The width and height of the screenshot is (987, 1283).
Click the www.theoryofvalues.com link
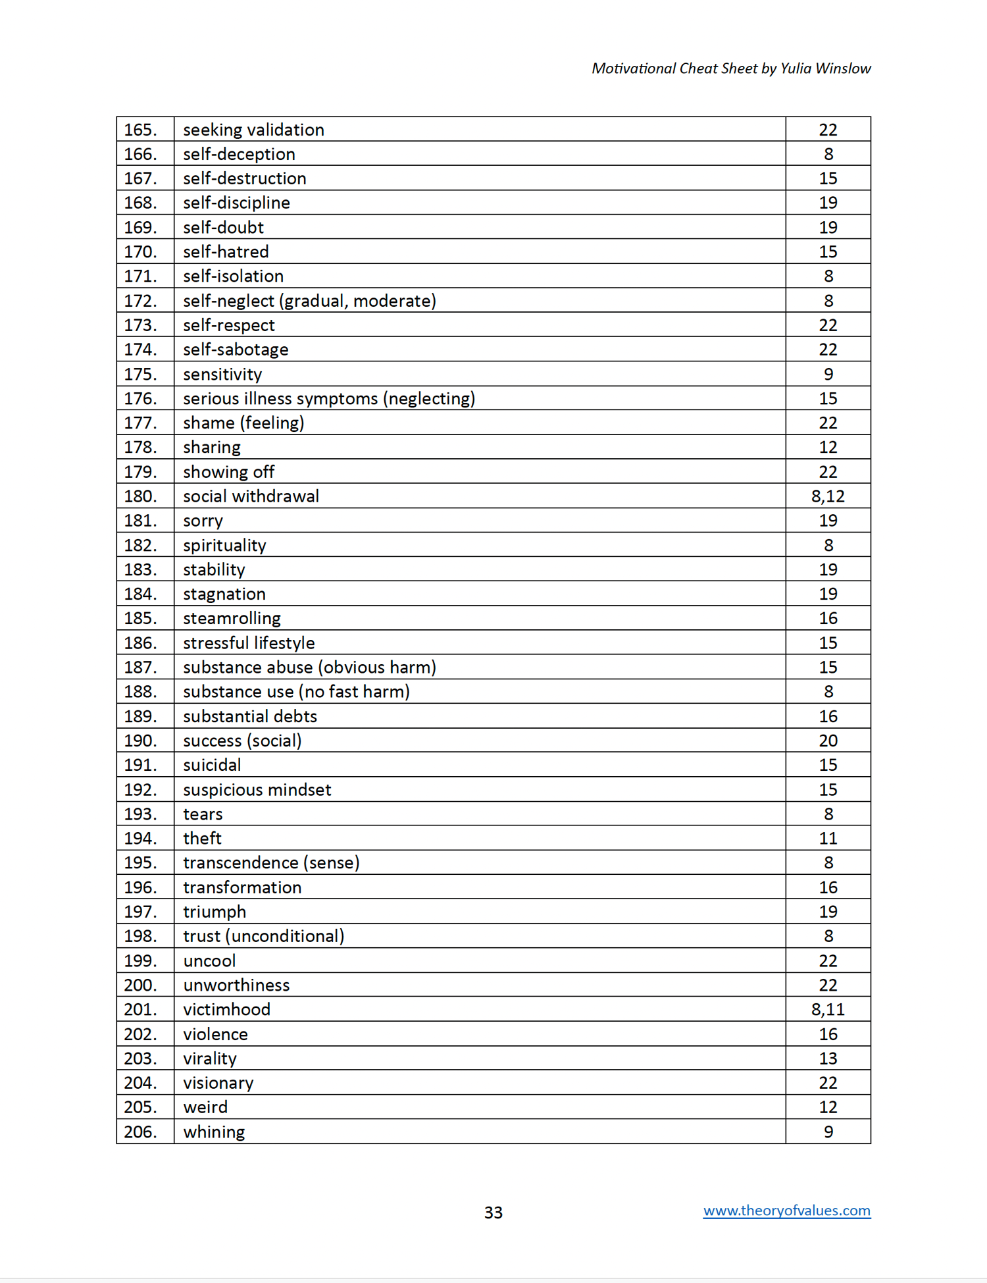pyautogui.click(x=786, y=1211)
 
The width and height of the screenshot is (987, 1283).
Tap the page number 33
pyautogui.click(x=493, y=1213)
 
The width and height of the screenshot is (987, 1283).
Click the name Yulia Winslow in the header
pyautogui.click(x=825, y=68)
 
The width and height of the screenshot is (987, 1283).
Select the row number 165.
pyautogui.click(x=140, y=130)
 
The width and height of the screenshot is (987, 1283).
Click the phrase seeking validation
pyautogui.click(x=253, y=130)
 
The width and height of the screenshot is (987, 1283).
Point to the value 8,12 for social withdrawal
pyautogui.click(x=828, y=496)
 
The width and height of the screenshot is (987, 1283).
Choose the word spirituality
pyautogui.click(x=224, y=545)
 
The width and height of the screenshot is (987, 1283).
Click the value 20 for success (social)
pyautogui.click(x=828, y=741)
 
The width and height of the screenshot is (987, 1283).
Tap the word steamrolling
pyautogui.click(x=232, y=618)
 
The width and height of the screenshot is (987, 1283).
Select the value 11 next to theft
pyautogui.click(x=828, y=838)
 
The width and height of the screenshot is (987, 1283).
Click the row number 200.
pyautogui.click(x=140, y=985)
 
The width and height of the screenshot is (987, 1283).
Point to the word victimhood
pyautogui.click(x=226, y=1009)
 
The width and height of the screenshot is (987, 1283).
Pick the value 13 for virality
pyautogui.click(x=828, y=1059)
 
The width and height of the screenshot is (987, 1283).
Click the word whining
pyautogui.click(x=214, y=1132)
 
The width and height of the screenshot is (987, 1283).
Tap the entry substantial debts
pyautogui.click(x=250, y=716)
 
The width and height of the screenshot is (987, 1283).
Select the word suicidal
pyautogui.click(x=212, y=765)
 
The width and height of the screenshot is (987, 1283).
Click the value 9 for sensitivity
pyautogui.click(x=828, y=374)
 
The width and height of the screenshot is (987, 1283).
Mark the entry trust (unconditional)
pyautogui.click(x=263, y=936)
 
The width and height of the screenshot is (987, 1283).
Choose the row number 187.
pyautogui.click(x=140, y=667)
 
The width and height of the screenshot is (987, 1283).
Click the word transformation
pyautogui.click(x=242, y=887)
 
